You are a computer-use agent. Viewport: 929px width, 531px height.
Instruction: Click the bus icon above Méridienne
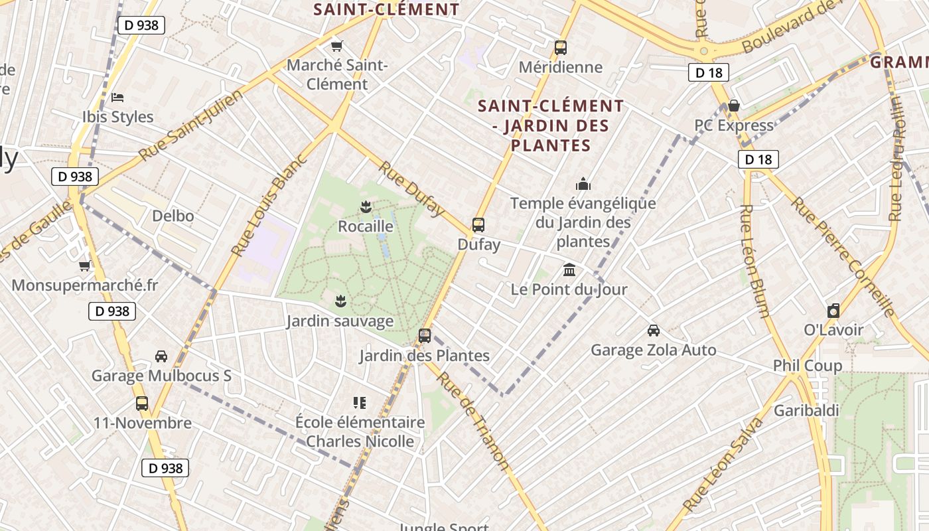561,47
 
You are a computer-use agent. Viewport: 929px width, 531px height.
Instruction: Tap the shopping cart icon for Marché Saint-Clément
337,46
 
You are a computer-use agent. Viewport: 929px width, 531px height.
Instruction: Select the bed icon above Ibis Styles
117,97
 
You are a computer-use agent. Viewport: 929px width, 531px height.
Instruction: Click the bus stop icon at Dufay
478,224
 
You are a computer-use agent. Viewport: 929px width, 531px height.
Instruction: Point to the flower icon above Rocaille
365,206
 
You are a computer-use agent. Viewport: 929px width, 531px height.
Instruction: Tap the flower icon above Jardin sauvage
340,301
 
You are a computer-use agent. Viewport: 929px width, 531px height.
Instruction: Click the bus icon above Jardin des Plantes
425,335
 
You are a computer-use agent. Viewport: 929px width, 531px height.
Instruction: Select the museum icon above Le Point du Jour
569,269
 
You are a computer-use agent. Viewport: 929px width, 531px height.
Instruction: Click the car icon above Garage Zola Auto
654,330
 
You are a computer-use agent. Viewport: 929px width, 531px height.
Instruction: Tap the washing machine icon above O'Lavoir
833,310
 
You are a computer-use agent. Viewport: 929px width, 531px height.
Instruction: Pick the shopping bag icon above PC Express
734,106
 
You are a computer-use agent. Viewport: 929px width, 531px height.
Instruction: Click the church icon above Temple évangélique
583,183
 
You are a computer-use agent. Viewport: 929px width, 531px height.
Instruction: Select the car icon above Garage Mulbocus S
161,356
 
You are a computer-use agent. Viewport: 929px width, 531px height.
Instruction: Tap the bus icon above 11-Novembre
142,403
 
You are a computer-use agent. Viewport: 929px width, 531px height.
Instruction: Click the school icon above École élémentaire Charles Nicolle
360,402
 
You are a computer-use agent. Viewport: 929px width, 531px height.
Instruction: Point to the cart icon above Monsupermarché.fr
85,265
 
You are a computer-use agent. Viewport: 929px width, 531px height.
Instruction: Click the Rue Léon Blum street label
754,261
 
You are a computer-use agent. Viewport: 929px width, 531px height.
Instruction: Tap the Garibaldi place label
806,410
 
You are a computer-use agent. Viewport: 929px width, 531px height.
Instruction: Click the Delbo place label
173,216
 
